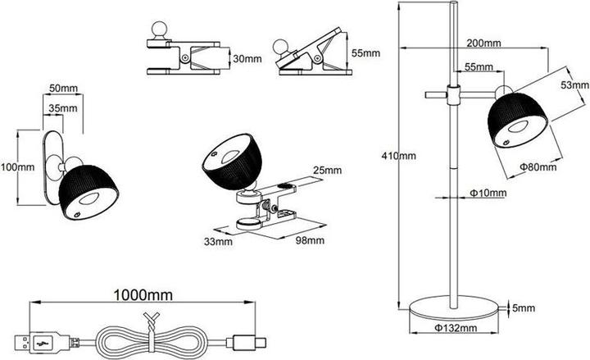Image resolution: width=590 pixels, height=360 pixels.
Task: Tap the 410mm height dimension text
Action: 398,154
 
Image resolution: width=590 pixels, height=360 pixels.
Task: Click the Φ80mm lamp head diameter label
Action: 538,166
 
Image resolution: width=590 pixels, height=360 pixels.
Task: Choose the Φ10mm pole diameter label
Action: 488,194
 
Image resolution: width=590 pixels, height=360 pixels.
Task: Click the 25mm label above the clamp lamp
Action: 328,171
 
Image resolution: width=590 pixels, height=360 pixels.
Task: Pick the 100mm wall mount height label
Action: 18,166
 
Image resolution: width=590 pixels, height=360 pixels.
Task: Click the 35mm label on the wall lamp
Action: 62,107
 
